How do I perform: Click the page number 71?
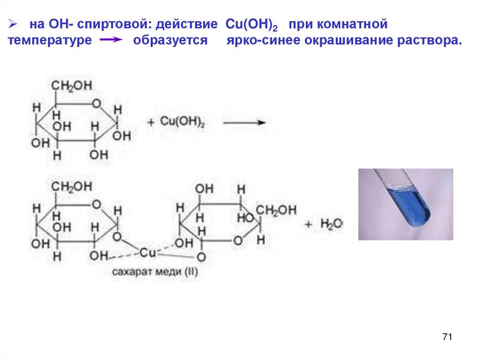click(x=447, y=337)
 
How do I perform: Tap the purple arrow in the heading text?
click(x=111, y=41)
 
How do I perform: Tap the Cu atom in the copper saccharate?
click(x=148, y=253)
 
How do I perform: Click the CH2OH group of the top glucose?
click(x=71, y=86)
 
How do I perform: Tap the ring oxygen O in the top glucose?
click(x=96, y=103)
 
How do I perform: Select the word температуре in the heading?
click(x=49, y=41)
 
